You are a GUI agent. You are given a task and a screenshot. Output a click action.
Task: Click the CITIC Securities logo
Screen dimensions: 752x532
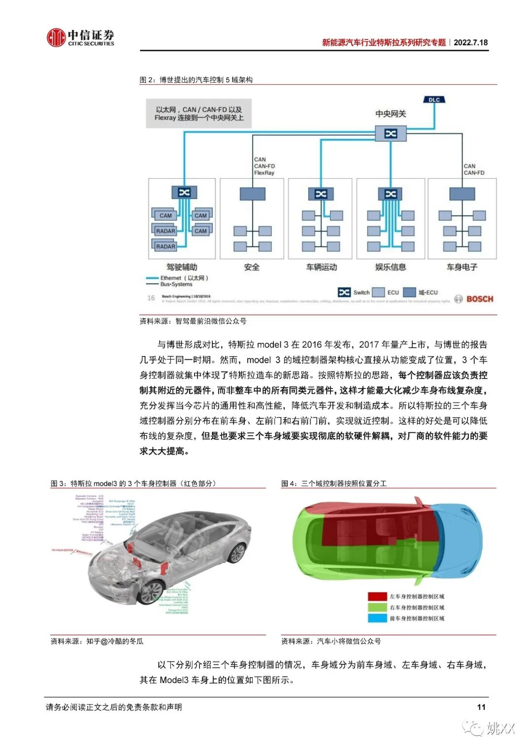(80, 37)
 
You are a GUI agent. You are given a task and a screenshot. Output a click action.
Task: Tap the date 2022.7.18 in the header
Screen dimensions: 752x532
(470, 42)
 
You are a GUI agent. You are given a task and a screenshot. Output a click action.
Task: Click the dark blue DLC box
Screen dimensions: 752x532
(434, 100)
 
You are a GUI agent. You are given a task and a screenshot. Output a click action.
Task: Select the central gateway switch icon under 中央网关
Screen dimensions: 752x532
(390, 133)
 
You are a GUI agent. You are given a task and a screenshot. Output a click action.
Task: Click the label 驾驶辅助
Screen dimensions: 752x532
(182, 267)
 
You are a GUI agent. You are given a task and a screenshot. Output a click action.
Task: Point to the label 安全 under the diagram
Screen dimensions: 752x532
(252, 267)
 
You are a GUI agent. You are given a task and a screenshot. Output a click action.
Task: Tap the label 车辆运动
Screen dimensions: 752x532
(321, 267)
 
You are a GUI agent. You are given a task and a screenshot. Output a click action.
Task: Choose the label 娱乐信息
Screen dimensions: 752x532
(391, 267)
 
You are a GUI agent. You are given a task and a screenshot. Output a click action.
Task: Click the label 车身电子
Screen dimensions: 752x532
(462, 267)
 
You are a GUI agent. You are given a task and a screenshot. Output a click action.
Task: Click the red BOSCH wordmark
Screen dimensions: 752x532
(479, 299)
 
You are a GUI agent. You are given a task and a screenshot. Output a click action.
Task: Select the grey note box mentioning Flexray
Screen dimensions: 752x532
(199, 114)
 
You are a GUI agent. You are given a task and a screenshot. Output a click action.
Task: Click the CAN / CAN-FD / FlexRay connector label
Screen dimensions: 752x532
(264, 166)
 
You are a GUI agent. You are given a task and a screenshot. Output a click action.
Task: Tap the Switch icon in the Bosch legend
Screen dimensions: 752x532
(344, 293)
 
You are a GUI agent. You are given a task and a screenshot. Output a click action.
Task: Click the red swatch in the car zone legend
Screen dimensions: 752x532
(377, 596)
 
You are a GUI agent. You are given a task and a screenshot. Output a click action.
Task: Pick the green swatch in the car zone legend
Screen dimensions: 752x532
(377, 607)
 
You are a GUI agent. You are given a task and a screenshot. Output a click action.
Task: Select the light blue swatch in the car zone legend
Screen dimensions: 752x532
(377, 618)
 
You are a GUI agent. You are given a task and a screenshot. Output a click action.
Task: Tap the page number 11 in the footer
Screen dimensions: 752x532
(481, 707)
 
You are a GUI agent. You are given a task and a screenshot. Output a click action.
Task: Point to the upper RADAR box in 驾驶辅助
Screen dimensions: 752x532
(166, 231)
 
